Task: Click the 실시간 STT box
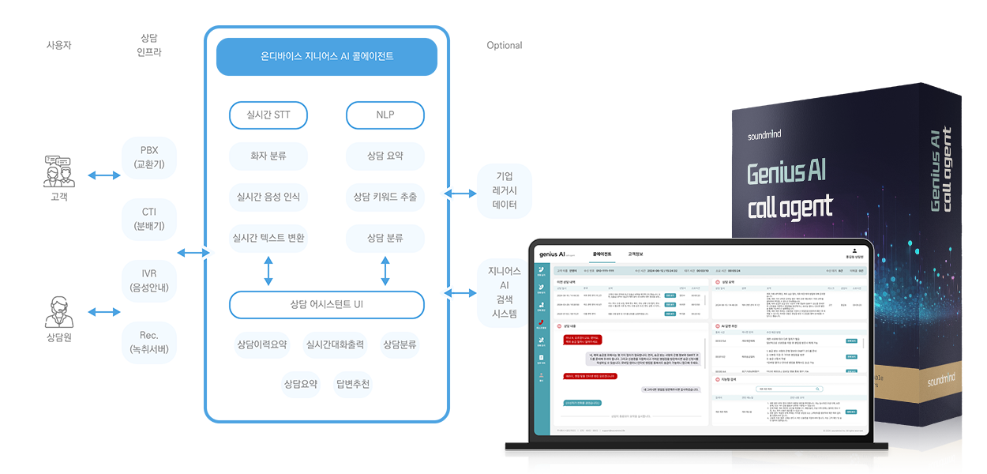pyautogui.click(x=268, y=115)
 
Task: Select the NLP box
pyautogui.click(x=385, y=115)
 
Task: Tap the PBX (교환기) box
pyautogui.click(x=149, y=157)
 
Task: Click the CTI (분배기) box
pyautogui.click(x=149, y=219)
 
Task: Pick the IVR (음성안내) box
pyautogui.click(x=149, y=280)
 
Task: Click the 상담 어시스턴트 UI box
pyautogui.click(x=326, y=304)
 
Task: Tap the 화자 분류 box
pyautogui.click(x=268, y=156)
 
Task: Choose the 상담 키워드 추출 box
pyautogui.click(x=385, y=197)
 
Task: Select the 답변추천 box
pyautogui.click(x=352, y=385)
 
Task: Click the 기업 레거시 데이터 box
pyautogui.click(x=505, y=190)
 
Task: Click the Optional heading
pyautogui.click(x=505, y=46)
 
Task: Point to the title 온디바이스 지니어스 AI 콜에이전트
pyautogui.click(x=327, y=57)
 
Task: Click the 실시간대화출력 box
pyautogui.click(x=335, y=344)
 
